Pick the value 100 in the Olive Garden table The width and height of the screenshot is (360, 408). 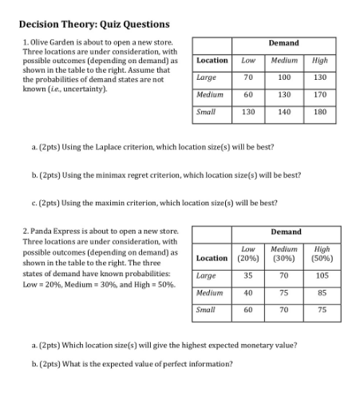pyautogui.click(x=283, y=77)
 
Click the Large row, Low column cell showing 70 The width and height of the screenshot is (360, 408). pyautogui.click(x=248, y=77)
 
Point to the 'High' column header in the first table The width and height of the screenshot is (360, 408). pyautogui.click(x=320, y=60)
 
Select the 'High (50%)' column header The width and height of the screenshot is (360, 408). pyautogui.click(x=322, y=254)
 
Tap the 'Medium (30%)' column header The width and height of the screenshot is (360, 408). pyautogui.click(x=284, y=254)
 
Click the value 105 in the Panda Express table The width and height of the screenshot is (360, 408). pyautogui.click(x=322, y=275)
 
